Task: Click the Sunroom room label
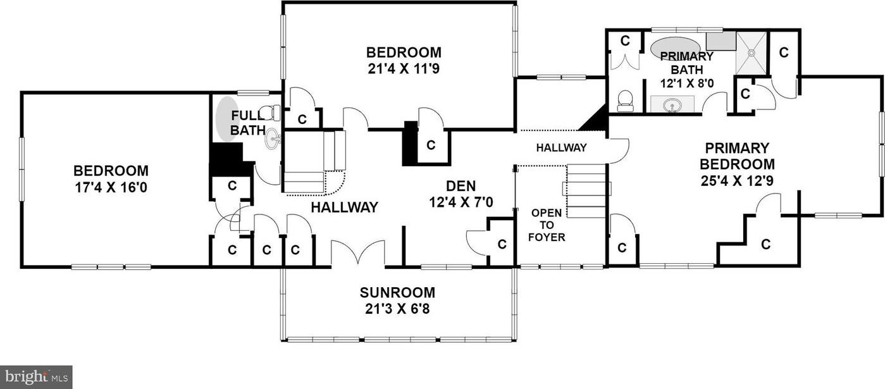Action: (x=397, y=293)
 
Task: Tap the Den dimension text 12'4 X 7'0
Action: (x=461, y=202)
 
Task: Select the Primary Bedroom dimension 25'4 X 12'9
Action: (x=737, y=181)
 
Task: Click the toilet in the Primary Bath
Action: (x=625, y=101)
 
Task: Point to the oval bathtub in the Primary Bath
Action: (x=671, y=49)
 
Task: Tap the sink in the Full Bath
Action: (x=272, y=139)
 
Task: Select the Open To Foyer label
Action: (x=547, y=225)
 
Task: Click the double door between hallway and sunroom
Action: (x=358, y=252)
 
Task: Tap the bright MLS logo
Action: (x=36, y=377)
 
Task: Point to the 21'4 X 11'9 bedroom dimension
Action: (x=404, y=69)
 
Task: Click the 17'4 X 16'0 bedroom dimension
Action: (x=111, y=187)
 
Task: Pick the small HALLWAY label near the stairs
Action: (x=561, y=148)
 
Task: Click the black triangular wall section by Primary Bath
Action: (x=596, y=120)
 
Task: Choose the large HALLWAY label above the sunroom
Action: (x=345, y=207)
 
